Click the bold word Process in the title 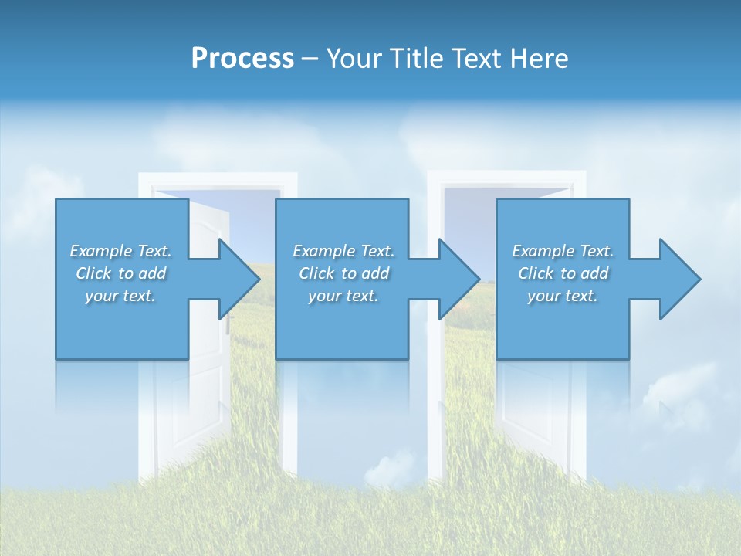[x=242, y=59]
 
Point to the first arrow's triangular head [x=239, y=279]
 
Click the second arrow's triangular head [x=459, y=279]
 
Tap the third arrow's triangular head [x=680, y=279]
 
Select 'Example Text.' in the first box [x=120, y=251]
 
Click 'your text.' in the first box [x=120, y=296]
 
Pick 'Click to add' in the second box [x=343, y=273]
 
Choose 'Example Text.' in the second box [x=343, y=251]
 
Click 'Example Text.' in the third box [x=563, y=251]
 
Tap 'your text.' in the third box [x=563, y=296]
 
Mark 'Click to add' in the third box [x=563, y=273]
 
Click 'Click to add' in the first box [x=120, y=273]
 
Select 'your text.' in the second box [x=343, y=296]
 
